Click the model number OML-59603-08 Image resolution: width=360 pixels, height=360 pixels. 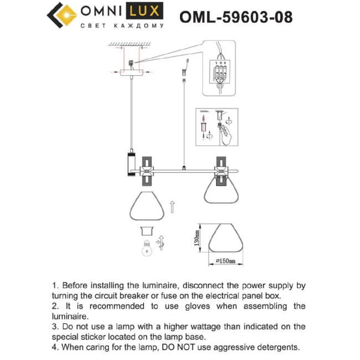(x=236, y=17)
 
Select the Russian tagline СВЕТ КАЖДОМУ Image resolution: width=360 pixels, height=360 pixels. (x=122, y=25)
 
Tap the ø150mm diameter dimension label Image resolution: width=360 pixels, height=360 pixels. (x=224, y=260)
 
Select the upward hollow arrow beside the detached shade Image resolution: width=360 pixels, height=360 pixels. (x=172, y=207)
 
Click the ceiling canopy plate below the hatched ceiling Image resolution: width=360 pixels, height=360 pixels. (x=131, y=72)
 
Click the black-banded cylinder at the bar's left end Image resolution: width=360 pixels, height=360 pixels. (x=131, y=164)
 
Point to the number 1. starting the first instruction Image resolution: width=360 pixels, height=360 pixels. (x=56, y=286)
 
